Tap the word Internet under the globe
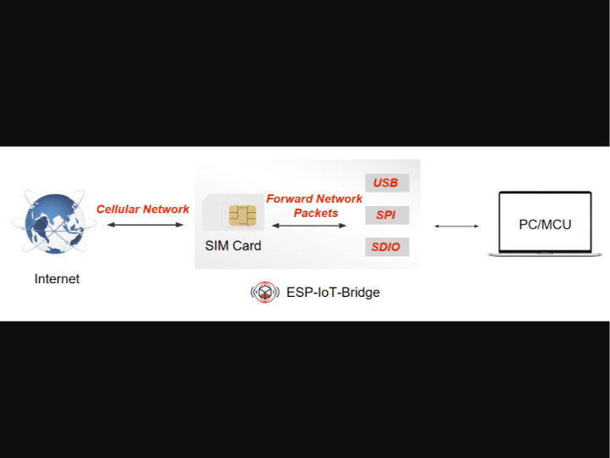pyautogui.click(x=57, y=278)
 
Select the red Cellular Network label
pyautogui.click(x=142, y=209)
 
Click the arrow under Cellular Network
pyautogui.click(x=145, y=225)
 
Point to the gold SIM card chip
pyautogui.click(x=242, y=215)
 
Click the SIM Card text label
pyautogui.click(x=233, y=246)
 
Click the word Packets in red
pyautogui.click(x=316, y=213)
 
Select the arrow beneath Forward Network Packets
pyautogui.click(x=309, y=226)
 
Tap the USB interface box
pyautogui.click(x=386, y=183)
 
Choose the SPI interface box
pyautogui.click(x=386, y=215)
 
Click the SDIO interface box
pyautogui.click(x=386, y=248)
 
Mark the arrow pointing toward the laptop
pyautogui.click(x=457, y=226)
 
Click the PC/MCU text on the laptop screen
pyautogui.click(x=545, y=224)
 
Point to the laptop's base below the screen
pyautogui.click(x=545, y=254)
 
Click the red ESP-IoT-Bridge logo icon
pyautogui.click(x=265, y=293)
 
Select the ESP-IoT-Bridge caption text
pyautogui.click(x=333, y=293)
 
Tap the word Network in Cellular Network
pyautogui.click(x=166, y=209)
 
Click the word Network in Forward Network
pyautogui.click(x=339, y=199)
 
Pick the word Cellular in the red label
pyautogui.click(x=118, y=209)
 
